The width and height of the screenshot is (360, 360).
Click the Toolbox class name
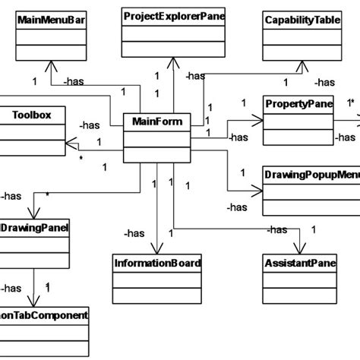[x=31, y=115]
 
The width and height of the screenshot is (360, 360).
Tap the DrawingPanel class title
[x=36, y=226]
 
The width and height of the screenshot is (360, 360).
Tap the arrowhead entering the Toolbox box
[x=68, y=141]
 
